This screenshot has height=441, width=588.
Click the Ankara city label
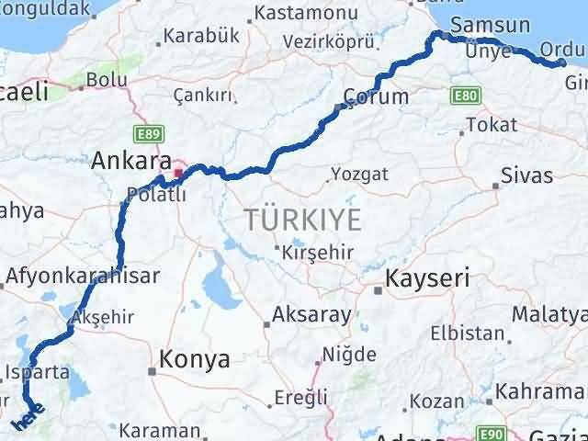[127, 161]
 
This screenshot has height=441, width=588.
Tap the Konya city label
[195, 360]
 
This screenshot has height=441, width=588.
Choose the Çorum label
[375, 96]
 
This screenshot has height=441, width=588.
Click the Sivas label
[526, 175]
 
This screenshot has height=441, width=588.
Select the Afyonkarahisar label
[83, 275]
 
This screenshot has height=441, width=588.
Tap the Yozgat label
[359, 174]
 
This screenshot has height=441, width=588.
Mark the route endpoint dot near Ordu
[562, 62]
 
